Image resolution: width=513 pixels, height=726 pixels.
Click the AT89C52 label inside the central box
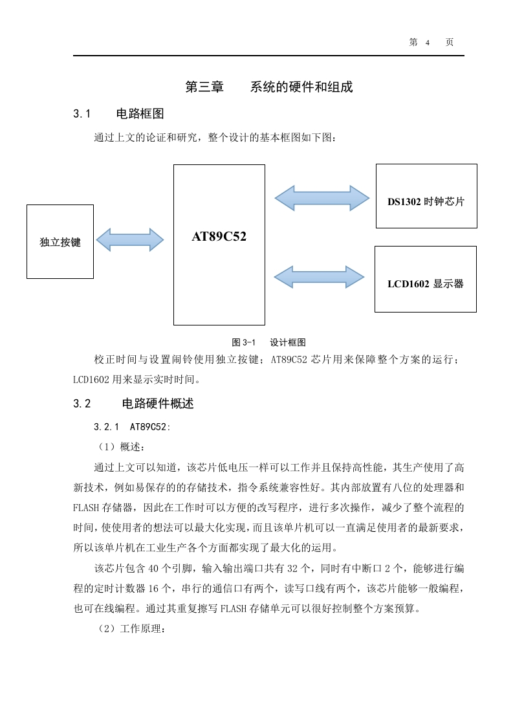point(219,237)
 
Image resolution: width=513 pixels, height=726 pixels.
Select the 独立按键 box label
point(60,242)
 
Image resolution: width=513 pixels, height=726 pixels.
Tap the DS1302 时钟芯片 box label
point(426,201)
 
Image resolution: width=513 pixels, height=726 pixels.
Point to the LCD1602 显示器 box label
point(426,284)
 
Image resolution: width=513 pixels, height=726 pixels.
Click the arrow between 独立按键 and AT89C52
point(129,240)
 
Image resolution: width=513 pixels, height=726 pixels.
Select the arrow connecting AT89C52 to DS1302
point(322,198)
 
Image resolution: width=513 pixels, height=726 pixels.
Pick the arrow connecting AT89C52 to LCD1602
point(319,278)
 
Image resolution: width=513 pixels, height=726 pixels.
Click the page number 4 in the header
point(428,43)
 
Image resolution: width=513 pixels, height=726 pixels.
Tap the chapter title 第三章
point(204,87)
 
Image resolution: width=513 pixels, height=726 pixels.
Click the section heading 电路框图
point(140,114)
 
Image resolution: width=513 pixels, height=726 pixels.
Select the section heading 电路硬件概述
point(158,404)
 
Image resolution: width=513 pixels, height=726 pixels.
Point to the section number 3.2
point(82,404)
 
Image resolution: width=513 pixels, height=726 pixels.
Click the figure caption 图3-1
point(243,343)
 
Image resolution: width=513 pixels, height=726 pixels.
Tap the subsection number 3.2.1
point(107,427)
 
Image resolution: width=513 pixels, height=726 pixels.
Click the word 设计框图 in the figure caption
point(288,343)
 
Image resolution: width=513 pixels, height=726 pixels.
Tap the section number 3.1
point(82,114)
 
